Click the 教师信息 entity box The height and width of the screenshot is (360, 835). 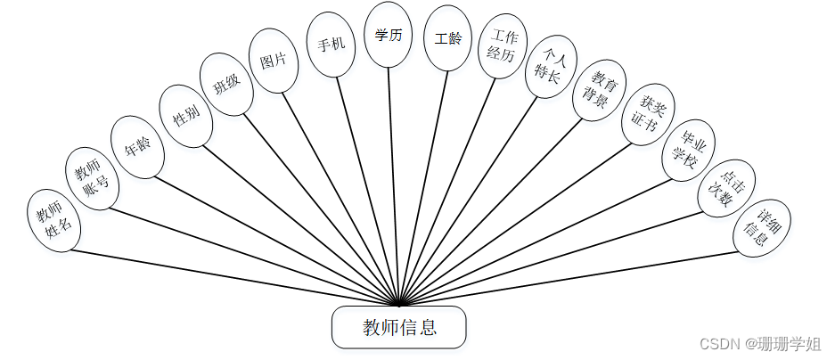click(398, 327)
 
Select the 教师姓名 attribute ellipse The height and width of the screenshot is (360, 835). click(53, 220)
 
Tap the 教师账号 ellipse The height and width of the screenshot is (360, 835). click(91, 178)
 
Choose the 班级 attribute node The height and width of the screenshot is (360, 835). click(227, 84)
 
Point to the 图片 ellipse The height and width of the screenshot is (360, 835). click(274, 60)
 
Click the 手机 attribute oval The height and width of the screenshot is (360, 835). click(331, 43)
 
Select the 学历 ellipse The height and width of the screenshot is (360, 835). click(389, 35)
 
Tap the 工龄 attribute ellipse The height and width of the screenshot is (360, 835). click(447, 38)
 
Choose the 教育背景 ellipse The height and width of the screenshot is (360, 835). click(595, 90)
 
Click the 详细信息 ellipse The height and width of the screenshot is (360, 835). click(761, 227)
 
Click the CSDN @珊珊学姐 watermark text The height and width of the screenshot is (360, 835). click(759, 344)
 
